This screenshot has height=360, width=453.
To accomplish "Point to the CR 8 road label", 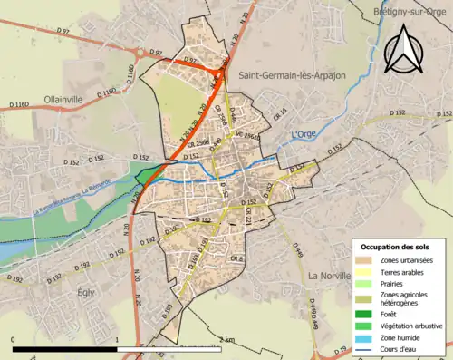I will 236,259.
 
